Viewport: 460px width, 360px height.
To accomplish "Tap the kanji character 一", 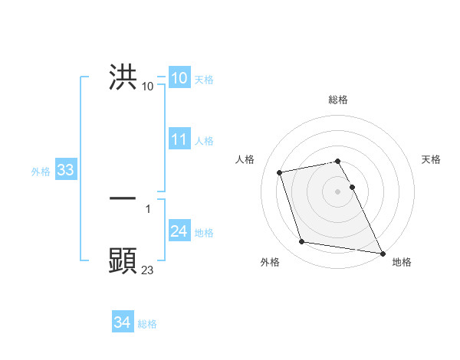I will [x=123, y=198].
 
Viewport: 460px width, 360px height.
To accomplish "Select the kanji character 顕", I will [x=123, y=261].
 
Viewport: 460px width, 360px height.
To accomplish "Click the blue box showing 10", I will [x=179, y=78].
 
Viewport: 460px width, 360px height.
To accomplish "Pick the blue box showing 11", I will [x=179, y=139].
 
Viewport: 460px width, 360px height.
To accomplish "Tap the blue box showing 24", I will [x=179, y=232].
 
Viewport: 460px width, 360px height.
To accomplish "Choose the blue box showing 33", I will [x=65, y=171].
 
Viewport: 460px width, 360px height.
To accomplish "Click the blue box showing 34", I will [x=122, y=323].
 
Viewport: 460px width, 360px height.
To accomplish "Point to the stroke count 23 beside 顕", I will [x=148, y=270].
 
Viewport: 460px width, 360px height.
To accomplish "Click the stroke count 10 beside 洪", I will [x=148, y=87].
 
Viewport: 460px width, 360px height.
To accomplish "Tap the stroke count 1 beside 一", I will [x=148, y=208].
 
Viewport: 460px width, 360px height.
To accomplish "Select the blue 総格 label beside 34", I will [x=147, y=324].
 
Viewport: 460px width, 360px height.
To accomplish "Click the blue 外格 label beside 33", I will [x=41, y=172].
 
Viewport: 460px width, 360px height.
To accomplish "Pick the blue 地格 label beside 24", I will [x=204, y=233].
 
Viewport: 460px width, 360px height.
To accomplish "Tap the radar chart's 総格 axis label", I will [x=338, y=100].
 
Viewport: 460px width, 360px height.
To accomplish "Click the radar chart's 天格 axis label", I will [x=432, y=159].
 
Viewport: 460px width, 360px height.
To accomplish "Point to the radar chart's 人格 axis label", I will [x=245, y=159].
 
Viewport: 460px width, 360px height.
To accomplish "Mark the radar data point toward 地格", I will [x=382, y=252].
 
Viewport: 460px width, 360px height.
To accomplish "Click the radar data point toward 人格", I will [x=280, y=172].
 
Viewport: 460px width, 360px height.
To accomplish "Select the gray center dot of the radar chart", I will [x=338, y=191].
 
